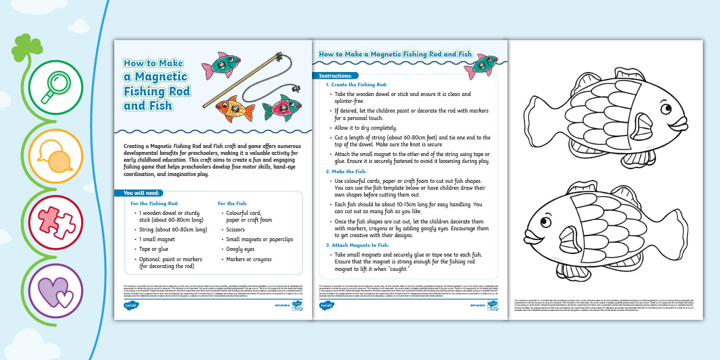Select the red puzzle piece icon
(x=55, y=222)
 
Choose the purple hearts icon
(x=55, y=290)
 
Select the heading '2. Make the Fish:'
(x=346, y=171)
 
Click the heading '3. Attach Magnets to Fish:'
(x=358, y=245)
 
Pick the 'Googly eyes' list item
(x=240, y=249)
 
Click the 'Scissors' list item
(x=235, y=230)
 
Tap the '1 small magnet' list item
(x=157, y=239)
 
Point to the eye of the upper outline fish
(x=666, y=108)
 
